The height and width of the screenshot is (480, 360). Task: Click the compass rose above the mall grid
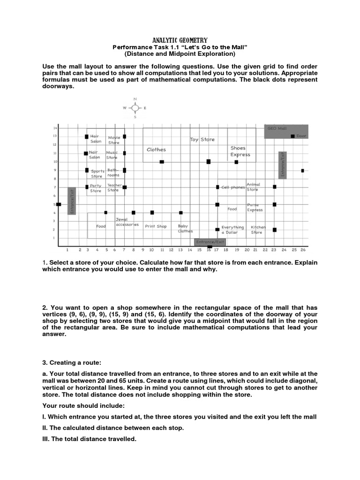(135, 108)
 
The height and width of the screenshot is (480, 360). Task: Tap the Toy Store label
(202, 140)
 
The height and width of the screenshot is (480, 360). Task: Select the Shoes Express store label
(240, 151)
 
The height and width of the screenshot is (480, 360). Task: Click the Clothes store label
(156, 150)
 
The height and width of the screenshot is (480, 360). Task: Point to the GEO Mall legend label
(277, 128)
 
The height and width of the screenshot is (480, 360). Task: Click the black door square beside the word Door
(292, 136)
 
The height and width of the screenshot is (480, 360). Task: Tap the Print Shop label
(156, 226)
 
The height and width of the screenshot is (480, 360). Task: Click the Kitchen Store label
(257, 230)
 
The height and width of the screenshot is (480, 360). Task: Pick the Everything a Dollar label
(232, 230)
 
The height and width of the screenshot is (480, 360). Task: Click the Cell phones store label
(233, 187)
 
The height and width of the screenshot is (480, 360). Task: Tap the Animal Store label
(253, 187)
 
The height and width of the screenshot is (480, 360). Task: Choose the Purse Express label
(255, 208)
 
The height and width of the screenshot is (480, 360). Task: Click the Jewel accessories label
(127, 222)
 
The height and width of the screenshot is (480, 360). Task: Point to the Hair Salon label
(96, 139)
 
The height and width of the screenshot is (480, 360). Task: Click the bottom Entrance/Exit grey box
(210, 242)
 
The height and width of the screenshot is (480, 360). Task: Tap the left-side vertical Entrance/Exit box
(72, 201)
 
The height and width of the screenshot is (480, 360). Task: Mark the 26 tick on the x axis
(303, 250)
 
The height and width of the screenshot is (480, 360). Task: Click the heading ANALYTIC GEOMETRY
(180, 41)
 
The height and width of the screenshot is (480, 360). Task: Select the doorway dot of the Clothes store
(162, 162)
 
